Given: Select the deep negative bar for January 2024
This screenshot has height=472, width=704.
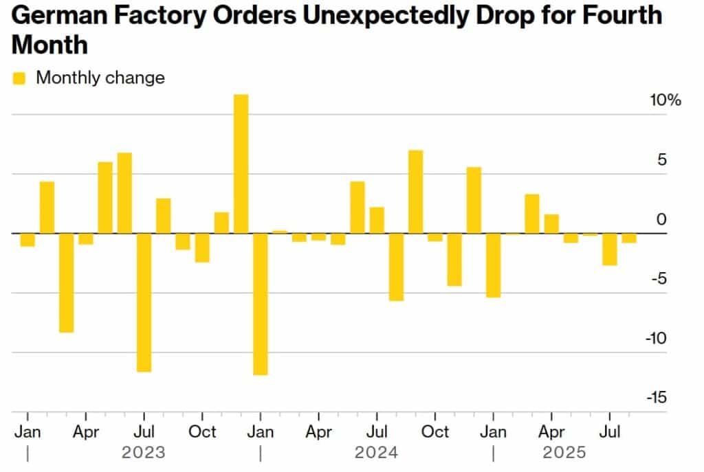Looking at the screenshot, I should coord(261,304).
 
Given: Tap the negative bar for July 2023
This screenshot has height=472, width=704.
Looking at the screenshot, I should coord(144,302).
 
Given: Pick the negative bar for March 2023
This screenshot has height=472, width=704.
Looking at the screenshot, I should coord(66,282).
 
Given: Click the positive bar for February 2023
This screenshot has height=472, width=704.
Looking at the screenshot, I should coord(47,207).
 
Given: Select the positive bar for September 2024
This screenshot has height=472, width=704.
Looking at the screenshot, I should coord(415,192).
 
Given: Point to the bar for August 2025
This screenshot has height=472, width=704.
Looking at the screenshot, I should coord(629,238).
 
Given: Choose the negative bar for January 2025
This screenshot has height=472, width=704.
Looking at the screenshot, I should coord(493,265).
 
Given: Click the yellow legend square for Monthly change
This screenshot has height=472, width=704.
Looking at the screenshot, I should coord(20,78).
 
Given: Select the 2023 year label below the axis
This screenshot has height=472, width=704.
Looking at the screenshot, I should coord(144,453).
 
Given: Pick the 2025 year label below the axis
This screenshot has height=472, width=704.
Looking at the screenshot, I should coord(564,453).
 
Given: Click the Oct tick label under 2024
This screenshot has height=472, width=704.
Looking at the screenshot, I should coord(434,431).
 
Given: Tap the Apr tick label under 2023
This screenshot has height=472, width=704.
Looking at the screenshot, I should coord(85,431).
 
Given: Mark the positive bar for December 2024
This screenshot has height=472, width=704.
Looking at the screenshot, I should coord(474,200).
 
